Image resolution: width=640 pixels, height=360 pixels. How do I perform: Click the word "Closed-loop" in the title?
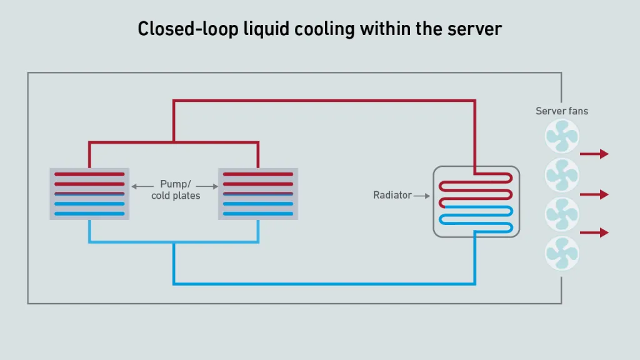(x=187, y=29)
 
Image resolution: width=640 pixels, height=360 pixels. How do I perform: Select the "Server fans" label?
(x=562, y=111)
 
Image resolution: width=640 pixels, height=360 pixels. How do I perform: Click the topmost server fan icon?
(x=562, y=136)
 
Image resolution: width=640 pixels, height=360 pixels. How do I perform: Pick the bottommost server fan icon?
(x=562, y=254)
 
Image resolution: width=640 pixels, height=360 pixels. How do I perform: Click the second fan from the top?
(x=562, y=175)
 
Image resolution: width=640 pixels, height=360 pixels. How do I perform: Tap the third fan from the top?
(x=562, y=214)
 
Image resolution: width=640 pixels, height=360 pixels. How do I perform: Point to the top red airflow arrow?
(x=594, y=154)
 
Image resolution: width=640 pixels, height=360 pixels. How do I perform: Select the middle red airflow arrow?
(x=594, y=194)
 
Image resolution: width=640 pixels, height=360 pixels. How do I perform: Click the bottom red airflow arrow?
(x=594, y=232)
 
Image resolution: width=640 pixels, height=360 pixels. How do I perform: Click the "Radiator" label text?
(x=392, y=195)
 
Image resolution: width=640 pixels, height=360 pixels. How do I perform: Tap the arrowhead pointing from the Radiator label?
(x=427, y=196)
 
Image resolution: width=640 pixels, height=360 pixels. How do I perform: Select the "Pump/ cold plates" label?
(x=176, y=190)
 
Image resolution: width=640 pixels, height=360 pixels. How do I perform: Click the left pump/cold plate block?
(x=89, y=194)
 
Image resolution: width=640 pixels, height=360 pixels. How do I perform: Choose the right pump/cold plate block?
(x=258, y=194)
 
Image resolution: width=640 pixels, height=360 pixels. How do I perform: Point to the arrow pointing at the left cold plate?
(x=142, y=186)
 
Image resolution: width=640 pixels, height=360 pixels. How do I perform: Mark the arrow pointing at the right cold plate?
(x=207, y=186)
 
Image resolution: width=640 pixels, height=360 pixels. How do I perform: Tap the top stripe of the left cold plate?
(x=89, y=174)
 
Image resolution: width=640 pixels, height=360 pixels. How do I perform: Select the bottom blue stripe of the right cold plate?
(x=258, y=214)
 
